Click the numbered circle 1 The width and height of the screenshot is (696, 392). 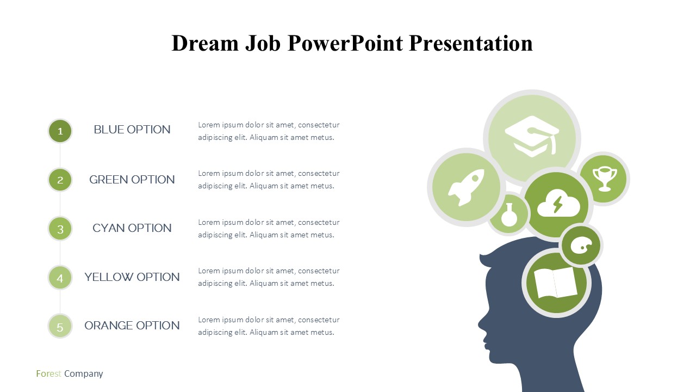60,131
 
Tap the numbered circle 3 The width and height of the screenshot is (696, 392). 60,229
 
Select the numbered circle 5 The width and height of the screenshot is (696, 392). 60,326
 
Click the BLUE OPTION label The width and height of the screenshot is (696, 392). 132,130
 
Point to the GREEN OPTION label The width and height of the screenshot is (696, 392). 132,180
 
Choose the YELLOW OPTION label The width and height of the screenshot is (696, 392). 132,277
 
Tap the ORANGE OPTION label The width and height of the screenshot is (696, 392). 132,326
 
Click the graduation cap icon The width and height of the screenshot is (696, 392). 532,136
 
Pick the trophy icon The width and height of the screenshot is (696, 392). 605,179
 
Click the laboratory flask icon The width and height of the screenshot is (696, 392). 509,215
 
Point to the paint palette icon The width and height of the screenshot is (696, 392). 581,246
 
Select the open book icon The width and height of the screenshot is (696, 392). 556,283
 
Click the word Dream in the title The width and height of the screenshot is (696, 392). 205,43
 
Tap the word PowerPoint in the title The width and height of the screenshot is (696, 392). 345,43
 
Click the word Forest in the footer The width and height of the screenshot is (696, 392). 48,373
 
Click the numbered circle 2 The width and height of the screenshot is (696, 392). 60,180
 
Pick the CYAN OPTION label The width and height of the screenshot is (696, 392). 132,228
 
